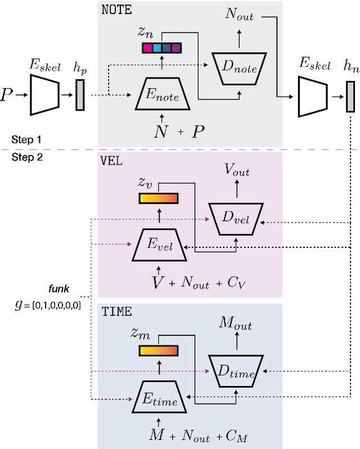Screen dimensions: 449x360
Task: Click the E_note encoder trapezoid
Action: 163,97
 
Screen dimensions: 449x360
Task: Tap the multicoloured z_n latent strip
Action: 161,48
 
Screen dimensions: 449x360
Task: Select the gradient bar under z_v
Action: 158,198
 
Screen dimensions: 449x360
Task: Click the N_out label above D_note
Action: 239,15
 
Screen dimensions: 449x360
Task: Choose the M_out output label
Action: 236,324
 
